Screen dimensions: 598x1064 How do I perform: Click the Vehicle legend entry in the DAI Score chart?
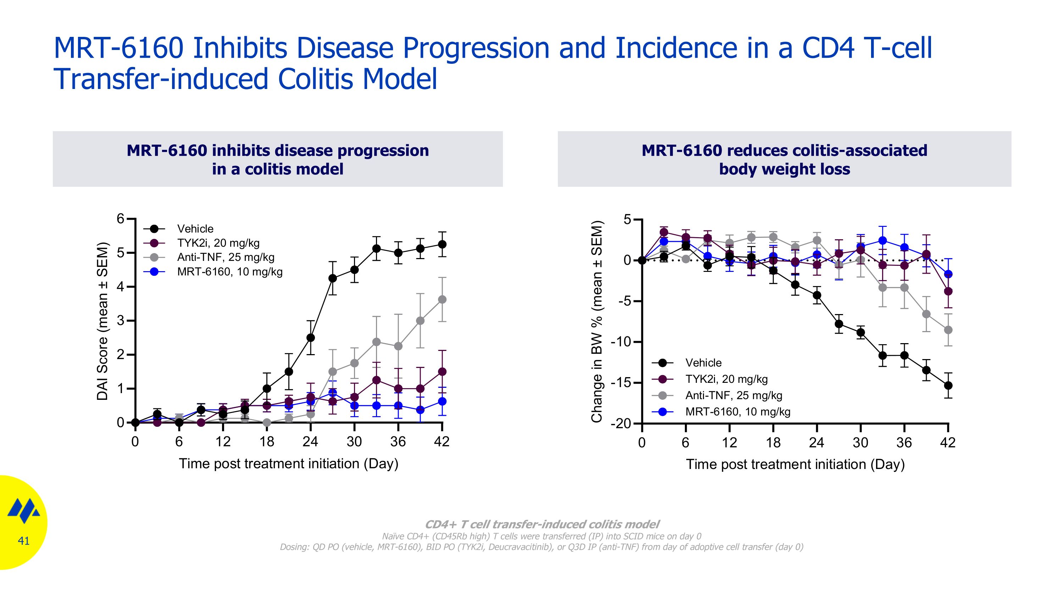(195, 229)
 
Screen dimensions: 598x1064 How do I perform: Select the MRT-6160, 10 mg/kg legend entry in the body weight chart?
(737, 412)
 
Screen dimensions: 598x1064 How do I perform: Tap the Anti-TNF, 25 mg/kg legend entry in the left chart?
(225, 257)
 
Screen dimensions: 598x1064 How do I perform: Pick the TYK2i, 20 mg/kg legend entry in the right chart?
(726, 379)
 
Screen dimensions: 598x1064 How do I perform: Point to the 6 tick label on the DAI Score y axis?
(120, 218)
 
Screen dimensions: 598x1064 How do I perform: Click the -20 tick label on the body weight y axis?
(620, 424)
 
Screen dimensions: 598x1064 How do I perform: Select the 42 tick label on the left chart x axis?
(442, 442)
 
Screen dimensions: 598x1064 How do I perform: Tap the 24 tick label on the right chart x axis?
(816, 443)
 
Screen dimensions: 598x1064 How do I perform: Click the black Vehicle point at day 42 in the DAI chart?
(442, 244)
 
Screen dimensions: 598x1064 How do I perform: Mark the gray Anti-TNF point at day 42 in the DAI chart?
(442, 299)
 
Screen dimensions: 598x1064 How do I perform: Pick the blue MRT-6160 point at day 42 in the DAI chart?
(442, 401)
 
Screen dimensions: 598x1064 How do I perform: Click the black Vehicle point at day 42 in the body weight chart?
(948, 385)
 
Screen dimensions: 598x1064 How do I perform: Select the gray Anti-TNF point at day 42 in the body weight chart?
(948, 330)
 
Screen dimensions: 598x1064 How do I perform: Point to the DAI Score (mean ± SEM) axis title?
(102, 321)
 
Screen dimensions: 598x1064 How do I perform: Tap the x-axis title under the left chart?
(288, 463)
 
